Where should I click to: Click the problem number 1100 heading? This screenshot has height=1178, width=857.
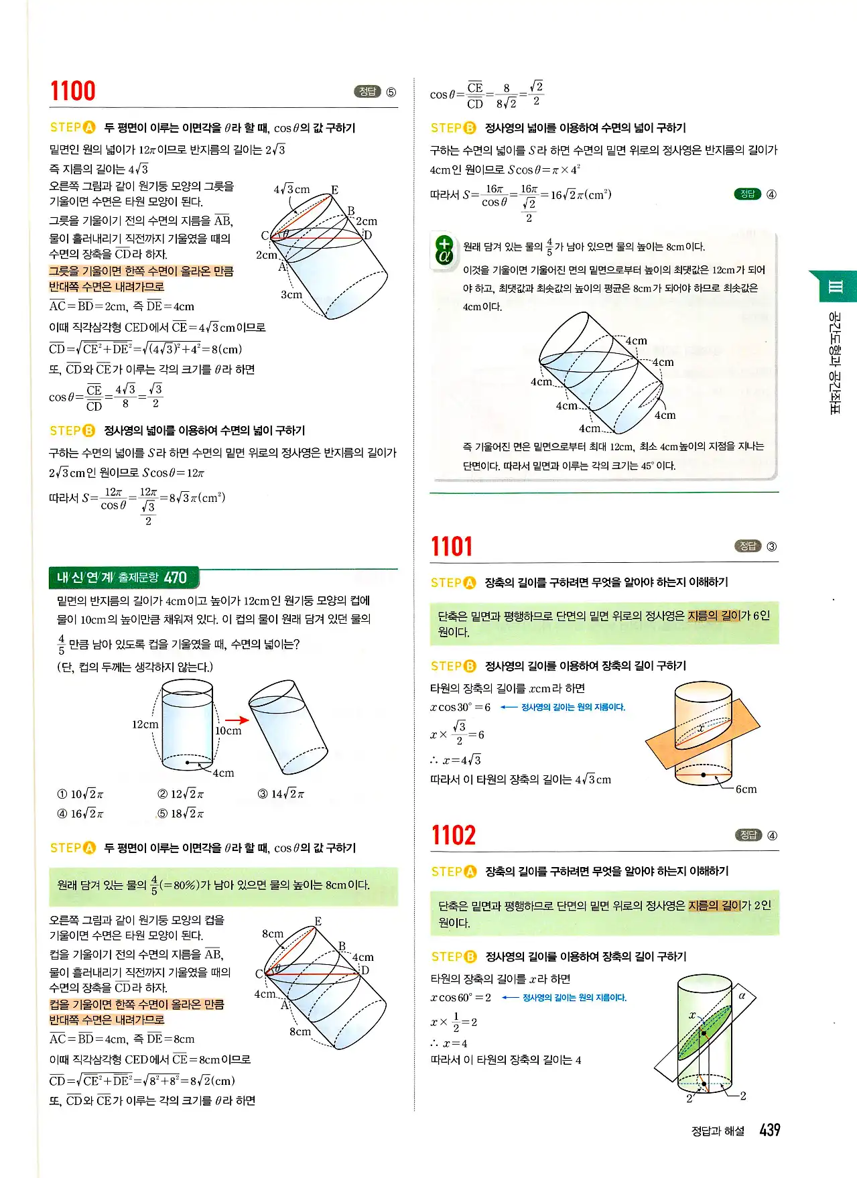pos(72,90)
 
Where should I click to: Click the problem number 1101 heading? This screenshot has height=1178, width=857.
pos(452,547)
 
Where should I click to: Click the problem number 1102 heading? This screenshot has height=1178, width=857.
pos(454,836)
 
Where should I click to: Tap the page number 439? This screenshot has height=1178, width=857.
pos(770,1130)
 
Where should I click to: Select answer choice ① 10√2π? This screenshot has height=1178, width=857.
pos(80,794)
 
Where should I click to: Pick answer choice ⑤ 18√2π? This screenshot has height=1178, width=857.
pos(180,813)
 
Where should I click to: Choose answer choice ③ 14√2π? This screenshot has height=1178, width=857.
pos(281,794)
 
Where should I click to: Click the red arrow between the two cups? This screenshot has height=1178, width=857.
pos(237,720)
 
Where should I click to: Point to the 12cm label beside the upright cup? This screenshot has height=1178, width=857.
pos(145,724)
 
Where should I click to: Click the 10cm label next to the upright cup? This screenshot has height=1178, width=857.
pos(228,731)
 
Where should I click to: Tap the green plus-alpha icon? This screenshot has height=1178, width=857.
pos(444,249)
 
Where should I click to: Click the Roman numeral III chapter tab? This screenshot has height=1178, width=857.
pos(835,287)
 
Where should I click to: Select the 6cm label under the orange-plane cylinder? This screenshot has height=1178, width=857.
pos(746,789)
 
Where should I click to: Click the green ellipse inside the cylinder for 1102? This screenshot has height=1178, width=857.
pos(704,1032)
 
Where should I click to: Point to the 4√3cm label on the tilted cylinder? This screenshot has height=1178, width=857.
pos(291,190)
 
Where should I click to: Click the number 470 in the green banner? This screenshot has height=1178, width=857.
pos(175,578)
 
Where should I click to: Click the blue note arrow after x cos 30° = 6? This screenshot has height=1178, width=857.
pos(509,708)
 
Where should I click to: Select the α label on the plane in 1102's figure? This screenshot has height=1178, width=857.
pos(742,996)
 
